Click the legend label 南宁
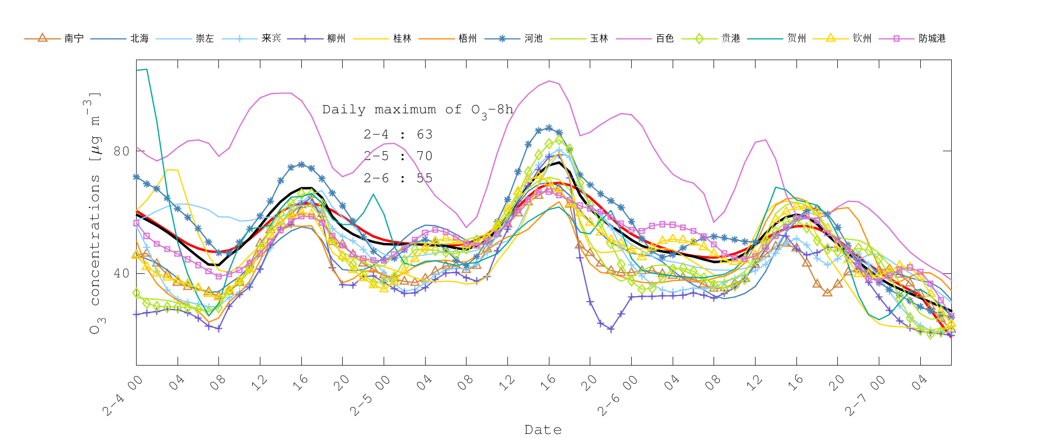74,39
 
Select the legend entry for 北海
140,39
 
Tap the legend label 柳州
336,39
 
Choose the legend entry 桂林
402,39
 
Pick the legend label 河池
534,39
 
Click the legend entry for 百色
665,39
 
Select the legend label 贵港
731,39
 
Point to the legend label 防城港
932,39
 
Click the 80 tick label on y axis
121,151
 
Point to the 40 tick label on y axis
121,273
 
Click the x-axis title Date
543,430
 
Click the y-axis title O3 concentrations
95,213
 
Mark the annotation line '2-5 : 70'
398,156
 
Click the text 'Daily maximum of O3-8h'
417,110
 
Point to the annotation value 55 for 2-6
424,178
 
